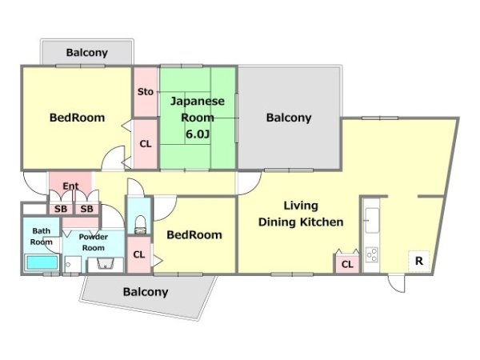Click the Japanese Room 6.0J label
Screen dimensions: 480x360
tap(198, 118)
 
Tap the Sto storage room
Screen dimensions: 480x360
tap(146, 91)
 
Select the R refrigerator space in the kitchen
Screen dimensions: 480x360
tap(418, 261)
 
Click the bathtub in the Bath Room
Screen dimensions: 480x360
tap(42, 262)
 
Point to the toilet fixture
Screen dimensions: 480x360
tap(140, 224)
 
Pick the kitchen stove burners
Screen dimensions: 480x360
tap(372, 254)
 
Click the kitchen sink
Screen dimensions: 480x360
tap(372, 220)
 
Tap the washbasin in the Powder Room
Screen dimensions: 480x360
tap(106, 264)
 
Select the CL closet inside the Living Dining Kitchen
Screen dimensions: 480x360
tap(347, 264)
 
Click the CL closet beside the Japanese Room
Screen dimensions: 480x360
tap(146, 143)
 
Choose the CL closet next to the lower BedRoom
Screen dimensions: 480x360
tap(139, 254)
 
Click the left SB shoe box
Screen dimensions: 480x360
tap(61, 209)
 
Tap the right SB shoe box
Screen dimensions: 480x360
tap(86, 209)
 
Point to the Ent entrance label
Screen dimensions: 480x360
tap(70, 186)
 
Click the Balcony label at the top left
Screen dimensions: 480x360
tap(87, 53)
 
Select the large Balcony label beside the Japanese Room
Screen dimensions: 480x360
tap(289, 118)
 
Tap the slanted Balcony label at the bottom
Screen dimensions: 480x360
tap(146, 292)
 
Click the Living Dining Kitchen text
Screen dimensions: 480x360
tap(301, 214)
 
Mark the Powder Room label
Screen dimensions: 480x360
tap(94, 242)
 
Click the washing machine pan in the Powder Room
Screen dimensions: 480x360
tap(73, 264)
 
